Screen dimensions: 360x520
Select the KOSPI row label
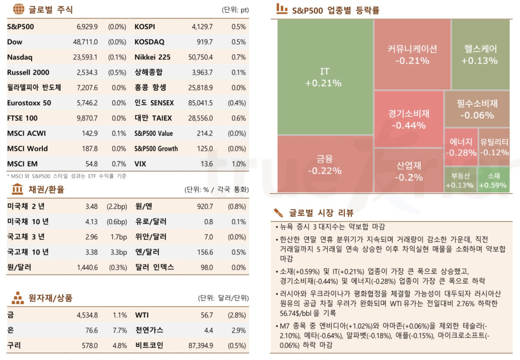(145, 27)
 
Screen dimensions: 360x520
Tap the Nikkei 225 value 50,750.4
(202, 57)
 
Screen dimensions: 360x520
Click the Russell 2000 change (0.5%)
(117, 72)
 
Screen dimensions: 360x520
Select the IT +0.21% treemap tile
(325, 77)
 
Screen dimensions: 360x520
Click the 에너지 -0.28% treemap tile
(461, 147)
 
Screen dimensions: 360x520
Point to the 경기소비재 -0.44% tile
(408, 119)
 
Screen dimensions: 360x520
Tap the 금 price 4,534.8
(87, 315)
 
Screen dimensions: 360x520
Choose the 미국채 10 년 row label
(28, 222)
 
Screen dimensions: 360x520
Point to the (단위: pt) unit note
(234, 10)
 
